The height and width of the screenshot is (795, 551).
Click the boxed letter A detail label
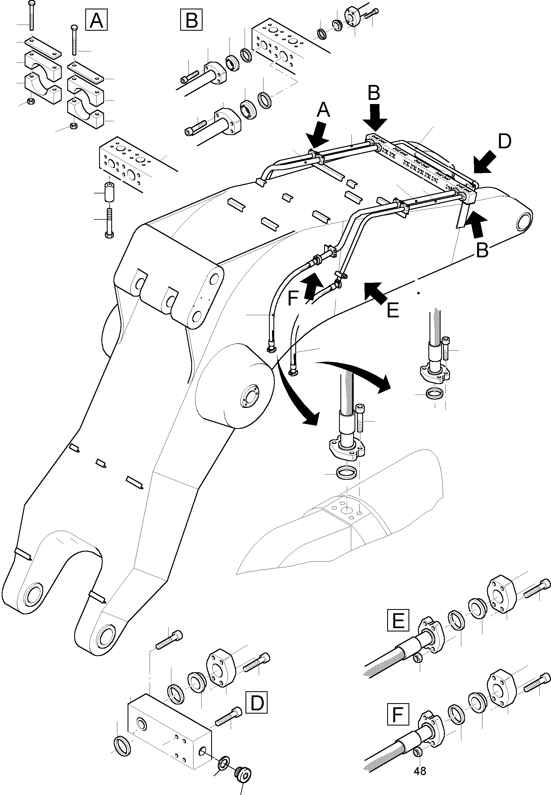pos(96,20)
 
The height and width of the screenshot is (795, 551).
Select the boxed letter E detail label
pos(398,620)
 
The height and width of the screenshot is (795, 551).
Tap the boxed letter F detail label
pos(398,714)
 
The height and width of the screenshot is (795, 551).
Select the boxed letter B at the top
pos(191,20)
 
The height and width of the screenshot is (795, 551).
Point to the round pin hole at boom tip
pos(525,221)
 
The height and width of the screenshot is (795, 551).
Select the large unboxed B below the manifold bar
pos(482,250)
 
